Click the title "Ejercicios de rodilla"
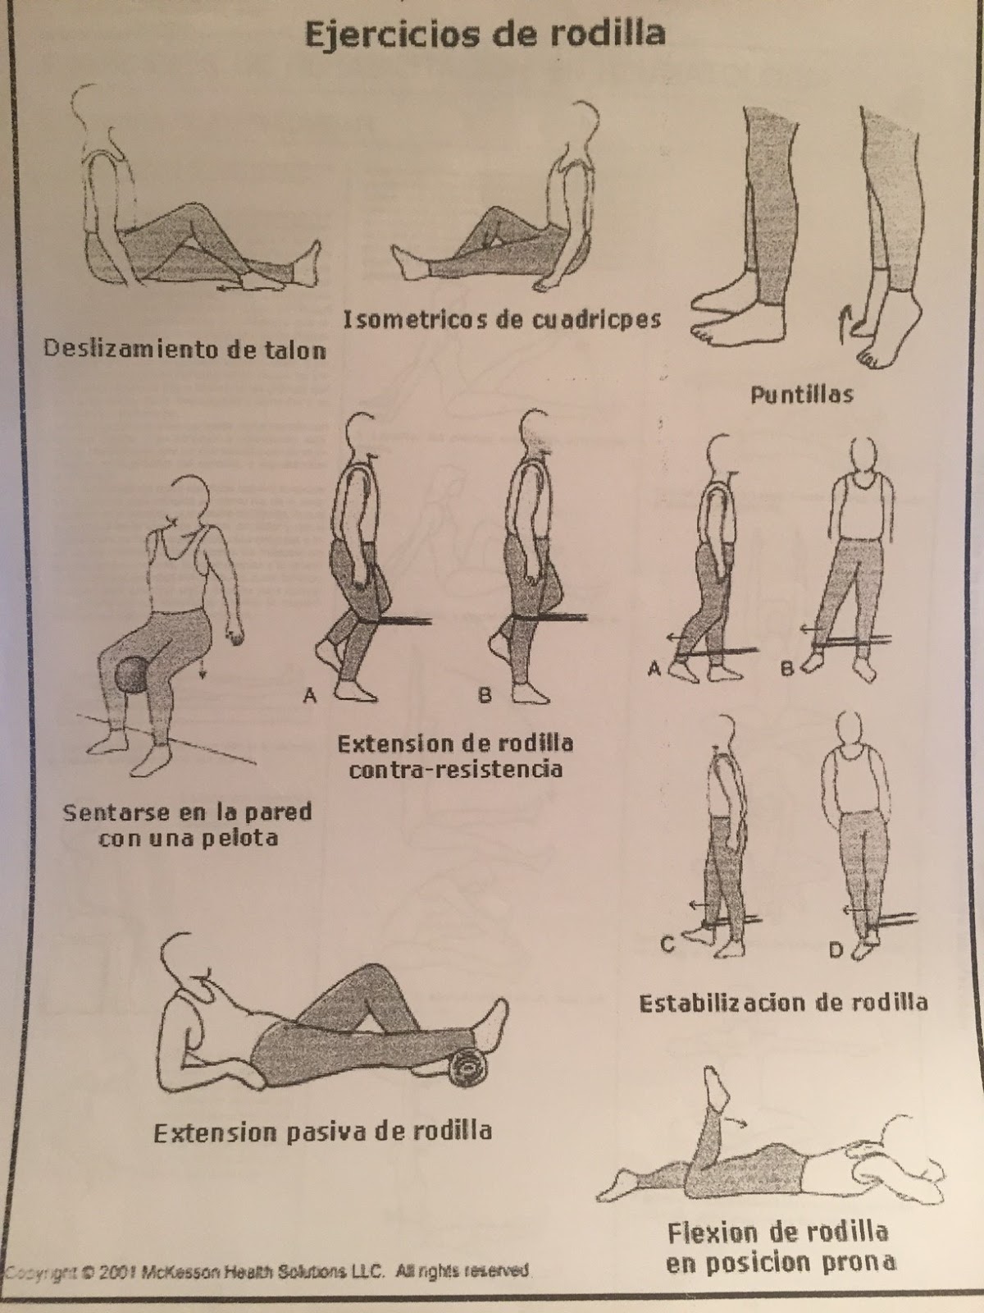[485, 34]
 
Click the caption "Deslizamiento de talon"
[185, 349]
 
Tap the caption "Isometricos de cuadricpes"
[503, 319]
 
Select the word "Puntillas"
[802, 394]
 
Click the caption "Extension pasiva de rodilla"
[323, 1132]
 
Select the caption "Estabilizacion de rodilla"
[783, 1003]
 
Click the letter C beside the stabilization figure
[668, 944]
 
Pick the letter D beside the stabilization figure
[836, 949]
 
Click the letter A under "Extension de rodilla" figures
[309, 695]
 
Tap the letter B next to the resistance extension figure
[485, 695]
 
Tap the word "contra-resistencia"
[455, 769]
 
